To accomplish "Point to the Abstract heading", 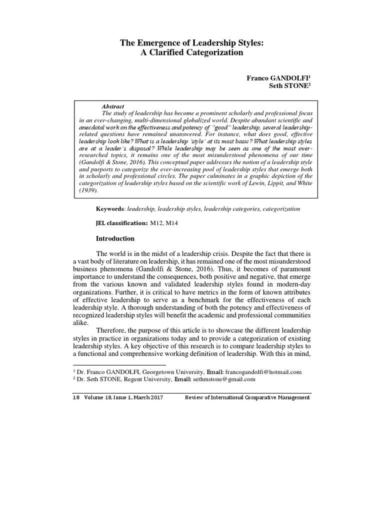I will (113, 107).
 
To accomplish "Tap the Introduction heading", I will (115, 238).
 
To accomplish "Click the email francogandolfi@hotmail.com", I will (263, 372).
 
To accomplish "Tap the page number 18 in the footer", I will (76, 397).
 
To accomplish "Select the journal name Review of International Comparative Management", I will (247, 397).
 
